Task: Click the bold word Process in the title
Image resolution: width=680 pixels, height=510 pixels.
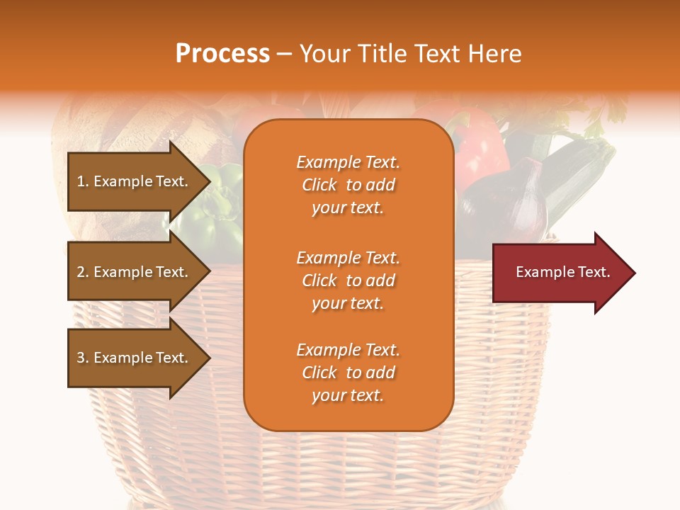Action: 222,54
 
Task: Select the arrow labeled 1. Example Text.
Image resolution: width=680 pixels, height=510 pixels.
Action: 135,181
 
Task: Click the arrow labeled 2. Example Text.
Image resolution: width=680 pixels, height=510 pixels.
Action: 135,272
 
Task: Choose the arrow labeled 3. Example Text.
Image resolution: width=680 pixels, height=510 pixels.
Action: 135,358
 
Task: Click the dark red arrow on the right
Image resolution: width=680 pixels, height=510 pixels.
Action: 560,273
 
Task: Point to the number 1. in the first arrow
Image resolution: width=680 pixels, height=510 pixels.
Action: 83,181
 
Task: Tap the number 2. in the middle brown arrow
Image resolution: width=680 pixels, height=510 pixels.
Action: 83,272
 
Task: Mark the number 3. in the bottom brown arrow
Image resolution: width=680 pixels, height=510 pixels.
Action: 83,358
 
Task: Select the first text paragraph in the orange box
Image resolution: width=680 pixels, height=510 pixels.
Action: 348,185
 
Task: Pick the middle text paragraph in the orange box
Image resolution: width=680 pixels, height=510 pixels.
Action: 348,280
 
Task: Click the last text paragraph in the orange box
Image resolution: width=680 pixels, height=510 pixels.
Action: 348,373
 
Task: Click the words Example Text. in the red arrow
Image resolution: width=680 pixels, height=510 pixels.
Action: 562,272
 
